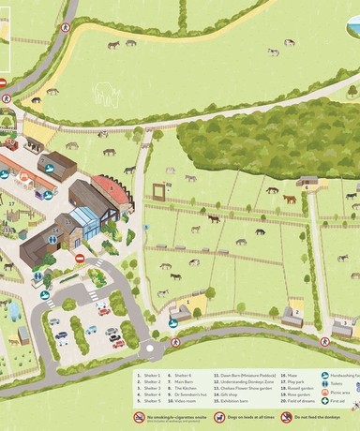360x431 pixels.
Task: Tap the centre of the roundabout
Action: click(153, 350)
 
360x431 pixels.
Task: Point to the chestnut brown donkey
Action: click(290, 199)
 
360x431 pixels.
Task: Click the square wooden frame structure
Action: click(159, 193)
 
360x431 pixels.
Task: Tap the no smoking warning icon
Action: click(139, 416)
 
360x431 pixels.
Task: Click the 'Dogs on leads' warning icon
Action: click(205, 416)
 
